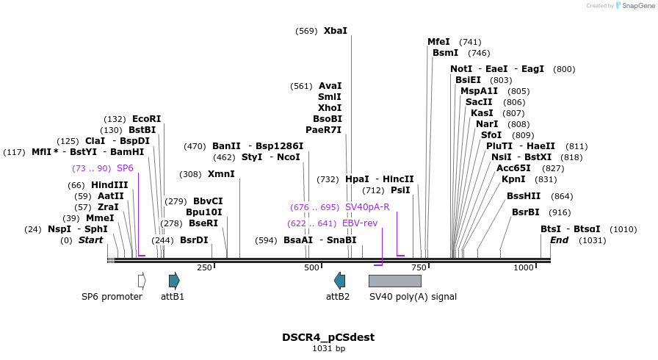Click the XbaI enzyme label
coord(335,31)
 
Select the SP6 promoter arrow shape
coord(142,280)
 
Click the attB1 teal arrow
coord(174,280)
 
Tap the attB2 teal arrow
coord(339,280)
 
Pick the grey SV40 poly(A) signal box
coord(394,281)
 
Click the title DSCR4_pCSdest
coord(328,337)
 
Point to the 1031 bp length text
coord(328,349)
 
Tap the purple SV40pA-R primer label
coord(367,207)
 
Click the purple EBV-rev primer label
coord(360,223)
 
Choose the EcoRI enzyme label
coord(146,119)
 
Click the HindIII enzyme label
coord(109,185)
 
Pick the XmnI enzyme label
coord(221,174)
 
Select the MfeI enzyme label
coord(438,42)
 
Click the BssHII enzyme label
coord(524,196)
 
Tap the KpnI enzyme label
coord(513,179)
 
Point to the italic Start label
coord(91,240)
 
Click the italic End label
coord(560,240)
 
